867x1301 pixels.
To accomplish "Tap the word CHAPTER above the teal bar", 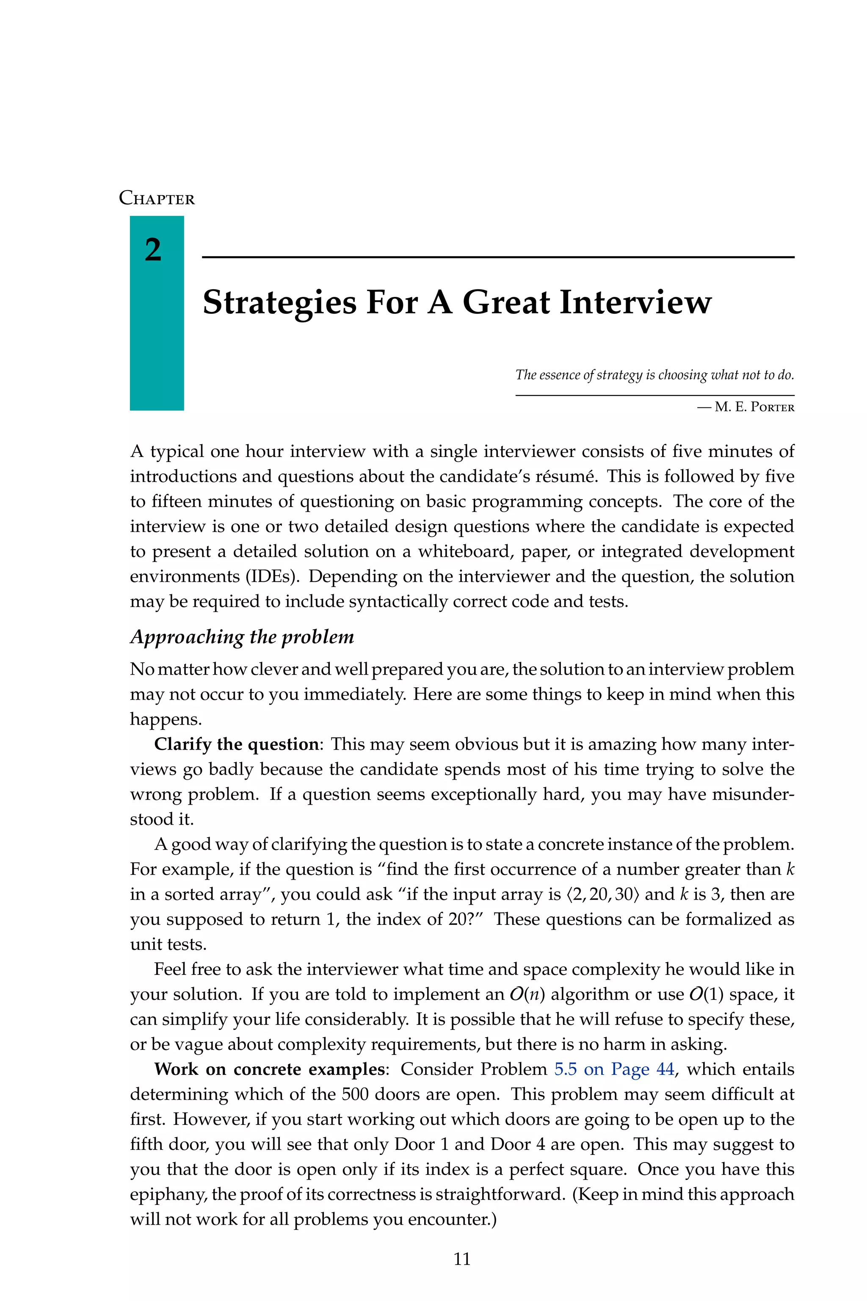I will pos(157,199).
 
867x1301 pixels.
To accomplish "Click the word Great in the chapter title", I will pos(506,303).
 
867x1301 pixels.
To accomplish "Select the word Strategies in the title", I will pos(279,303).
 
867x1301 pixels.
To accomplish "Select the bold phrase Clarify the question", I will pos(236,744).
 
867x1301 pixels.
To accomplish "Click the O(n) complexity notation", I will pos(527,994).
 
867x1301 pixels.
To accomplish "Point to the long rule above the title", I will pos(498,257).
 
